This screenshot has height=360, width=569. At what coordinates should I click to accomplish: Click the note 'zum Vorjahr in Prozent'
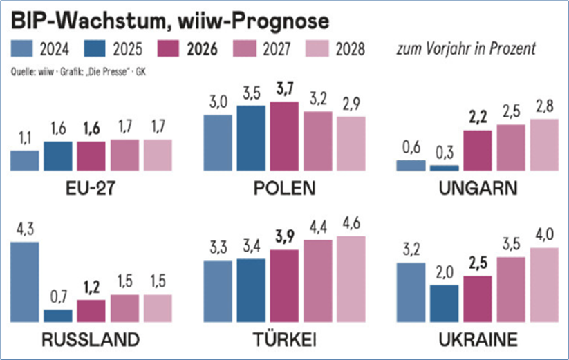465,50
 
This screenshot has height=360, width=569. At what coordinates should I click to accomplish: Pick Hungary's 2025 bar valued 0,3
444,168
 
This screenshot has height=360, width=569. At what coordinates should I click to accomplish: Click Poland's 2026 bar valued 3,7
284,136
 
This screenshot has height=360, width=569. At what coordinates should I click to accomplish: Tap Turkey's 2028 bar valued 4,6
351,279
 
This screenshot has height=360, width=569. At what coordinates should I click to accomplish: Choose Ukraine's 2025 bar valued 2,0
444,304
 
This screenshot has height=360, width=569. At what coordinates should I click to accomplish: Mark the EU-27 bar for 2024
25,160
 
